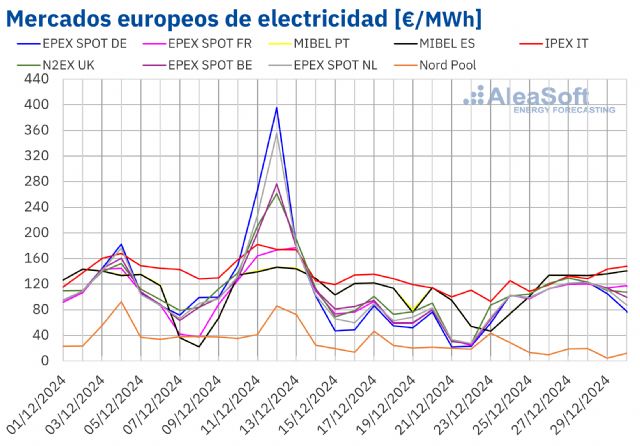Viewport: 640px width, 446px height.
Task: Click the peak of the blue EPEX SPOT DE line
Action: point(276,108)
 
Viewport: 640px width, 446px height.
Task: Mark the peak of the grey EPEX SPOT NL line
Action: point(276,133)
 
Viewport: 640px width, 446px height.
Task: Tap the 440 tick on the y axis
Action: point(36,79)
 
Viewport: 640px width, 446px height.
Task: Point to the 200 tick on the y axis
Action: point(36,233)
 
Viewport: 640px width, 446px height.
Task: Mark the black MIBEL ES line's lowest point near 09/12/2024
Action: point(199,347)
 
